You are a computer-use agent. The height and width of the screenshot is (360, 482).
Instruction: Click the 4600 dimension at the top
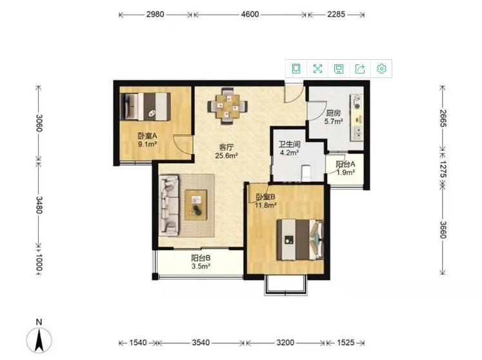(x=250, y=14)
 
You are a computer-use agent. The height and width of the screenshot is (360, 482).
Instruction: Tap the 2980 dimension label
(x=155, y=14)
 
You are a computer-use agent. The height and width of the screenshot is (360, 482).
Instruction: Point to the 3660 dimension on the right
(x=443, y=230)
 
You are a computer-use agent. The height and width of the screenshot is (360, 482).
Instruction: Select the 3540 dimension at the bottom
(x=201, y=343)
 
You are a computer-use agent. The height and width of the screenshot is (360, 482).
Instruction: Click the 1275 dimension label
(x=443, y=169)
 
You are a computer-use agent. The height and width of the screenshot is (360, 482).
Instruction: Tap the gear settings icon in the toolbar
(x=381, y=68)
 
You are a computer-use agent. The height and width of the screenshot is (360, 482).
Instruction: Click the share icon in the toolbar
(x=360, y=68)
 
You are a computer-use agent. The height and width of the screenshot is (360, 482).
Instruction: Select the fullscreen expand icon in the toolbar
(x=317, y=68)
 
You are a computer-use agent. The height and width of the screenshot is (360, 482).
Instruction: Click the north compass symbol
(x=39, y=337)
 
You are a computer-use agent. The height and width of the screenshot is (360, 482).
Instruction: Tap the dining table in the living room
(x=228, y=106)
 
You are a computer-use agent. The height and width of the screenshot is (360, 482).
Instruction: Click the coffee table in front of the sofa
(x=196, y=205)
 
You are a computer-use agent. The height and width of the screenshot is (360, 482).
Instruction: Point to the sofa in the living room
(x=169, y=205)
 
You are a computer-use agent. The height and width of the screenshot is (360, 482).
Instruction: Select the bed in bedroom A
(x=145, y=106)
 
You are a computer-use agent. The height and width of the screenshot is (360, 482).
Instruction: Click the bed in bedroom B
(x=300, y=239)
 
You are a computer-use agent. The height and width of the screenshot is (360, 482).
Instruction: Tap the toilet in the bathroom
(x=306, y=173)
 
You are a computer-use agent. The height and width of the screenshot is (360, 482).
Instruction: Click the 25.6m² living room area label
(x=226, y=155)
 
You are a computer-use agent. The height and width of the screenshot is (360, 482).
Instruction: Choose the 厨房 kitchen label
(x=334, y=113)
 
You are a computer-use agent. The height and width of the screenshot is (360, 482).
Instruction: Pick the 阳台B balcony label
(x=201, y=258)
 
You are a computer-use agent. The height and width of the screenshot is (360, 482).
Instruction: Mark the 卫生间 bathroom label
(x=289, y=145)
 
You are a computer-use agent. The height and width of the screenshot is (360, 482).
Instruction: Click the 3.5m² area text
(x=201, y=266)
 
